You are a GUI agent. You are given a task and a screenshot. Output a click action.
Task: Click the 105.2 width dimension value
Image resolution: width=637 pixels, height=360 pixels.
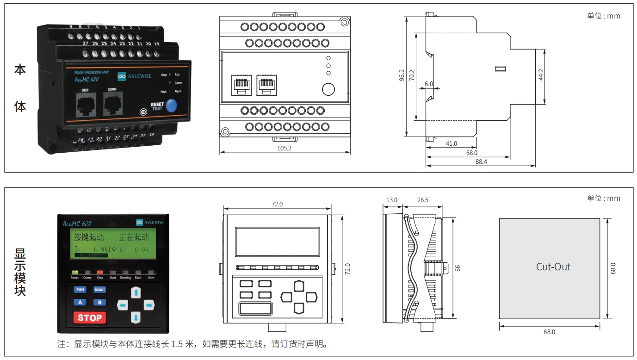[x=284, y=148]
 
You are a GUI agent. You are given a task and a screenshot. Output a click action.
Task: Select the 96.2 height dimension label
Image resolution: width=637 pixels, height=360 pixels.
[x=402, y=75]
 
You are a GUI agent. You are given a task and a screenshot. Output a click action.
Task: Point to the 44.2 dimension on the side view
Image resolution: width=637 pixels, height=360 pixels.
[x=541, y=75]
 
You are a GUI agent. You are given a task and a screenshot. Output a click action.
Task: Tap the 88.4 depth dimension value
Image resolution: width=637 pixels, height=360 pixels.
[x=481, y=161]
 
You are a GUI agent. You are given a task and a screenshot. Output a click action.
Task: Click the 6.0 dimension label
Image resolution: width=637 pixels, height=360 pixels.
[x=428, y=84]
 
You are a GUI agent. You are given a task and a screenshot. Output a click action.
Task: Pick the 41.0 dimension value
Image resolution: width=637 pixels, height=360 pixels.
[x=451, y=143]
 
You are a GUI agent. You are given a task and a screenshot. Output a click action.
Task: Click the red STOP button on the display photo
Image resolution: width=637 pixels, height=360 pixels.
[x=90, y=318]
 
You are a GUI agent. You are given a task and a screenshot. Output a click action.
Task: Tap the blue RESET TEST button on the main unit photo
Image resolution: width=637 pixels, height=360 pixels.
[x=171, y=106]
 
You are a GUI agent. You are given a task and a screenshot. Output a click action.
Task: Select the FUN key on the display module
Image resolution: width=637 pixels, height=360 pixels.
[x=80, y=290]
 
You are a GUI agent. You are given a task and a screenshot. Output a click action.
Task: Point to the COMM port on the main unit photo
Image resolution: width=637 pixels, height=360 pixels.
[x=112, y=105]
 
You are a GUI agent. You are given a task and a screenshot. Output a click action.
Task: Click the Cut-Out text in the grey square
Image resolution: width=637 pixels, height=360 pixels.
[x=553, y=267]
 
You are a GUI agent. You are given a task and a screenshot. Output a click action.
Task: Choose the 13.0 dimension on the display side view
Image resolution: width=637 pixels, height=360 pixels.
[x=392, y=200]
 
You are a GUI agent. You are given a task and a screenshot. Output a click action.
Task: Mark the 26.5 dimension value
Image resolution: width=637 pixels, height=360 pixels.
[x=422, y=200]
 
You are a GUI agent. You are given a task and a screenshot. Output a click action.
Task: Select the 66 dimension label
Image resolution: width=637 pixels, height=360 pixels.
[x=458, y=268]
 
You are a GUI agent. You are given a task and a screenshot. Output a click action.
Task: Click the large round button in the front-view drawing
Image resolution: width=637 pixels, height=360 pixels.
[x=328, y=89]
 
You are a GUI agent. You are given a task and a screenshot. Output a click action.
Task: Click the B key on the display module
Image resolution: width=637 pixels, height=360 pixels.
[x=99, y=303]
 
